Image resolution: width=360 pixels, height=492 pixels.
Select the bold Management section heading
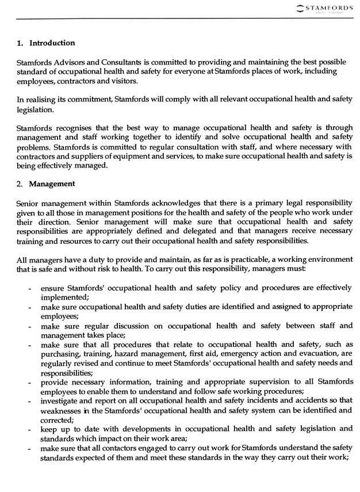[52, 184]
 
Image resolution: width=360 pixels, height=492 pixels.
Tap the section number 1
[20, 43]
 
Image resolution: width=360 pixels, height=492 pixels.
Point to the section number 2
[20, 184]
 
